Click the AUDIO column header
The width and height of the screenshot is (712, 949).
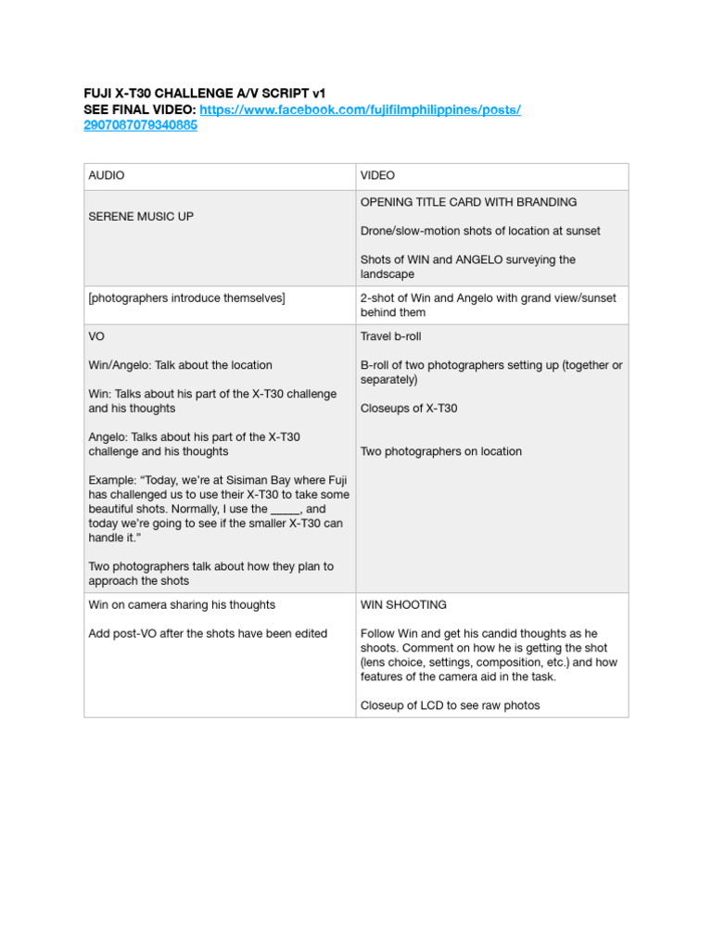[x=107, y=175]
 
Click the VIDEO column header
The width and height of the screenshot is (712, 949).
[x=377, y=175]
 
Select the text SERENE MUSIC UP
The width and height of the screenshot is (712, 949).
[x=141, y=216]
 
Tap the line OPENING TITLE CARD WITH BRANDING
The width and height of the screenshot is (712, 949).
[x=468, y=202]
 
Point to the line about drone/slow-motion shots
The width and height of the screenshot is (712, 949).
[x=480, y=231]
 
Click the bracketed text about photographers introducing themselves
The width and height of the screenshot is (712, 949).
[x=186, y=297]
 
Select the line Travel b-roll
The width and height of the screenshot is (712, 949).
[x=390, y=336]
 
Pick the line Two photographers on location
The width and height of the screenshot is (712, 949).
[x=440, y=451]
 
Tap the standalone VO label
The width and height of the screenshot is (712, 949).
[x=97, y=336]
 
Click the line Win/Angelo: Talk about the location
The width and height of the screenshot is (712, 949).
[x=180, y=365]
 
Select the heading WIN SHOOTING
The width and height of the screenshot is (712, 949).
[x=403, y=605]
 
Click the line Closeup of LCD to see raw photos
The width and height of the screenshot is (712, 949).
[x=450, y=705]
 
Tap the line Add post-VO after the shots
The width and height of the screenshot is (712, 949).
[x=208, y=634]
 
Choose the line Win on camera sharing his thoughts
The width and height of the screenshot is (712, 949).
[x=182, y=605]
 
